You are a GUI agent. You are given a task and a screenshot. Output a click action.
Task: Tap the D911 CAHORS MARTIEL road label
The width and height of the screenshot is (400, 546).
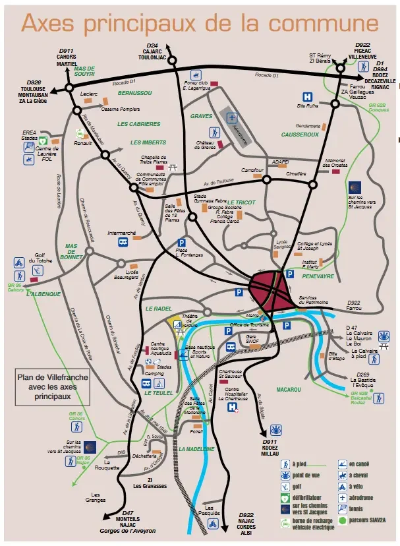tap(67, 57)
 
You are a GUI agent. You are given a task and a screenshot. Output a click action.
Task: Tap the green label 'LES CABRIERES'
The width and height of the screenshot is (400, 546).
tap(138, 124)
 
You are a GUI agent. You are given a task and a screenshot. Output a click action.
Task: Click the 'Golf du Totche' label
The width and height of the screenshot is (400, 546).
tap(43, 258)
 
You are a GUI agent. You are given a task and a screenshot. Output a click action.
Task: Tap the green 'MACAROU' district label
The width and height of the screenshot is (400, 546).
tap(289, 389)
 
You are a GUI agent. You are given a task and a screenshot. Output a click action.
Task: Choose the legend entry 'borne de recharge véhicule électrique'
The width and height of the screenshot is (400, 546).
tap(311, 525)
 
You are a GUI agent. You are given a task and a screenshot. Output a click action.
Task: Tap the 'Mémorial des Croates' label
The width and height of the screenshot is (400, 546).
tap(336, 163)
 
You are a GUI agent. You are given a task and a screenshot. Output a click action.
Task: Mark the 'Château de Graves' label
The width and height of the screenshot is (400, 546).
tap(206, 144)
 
